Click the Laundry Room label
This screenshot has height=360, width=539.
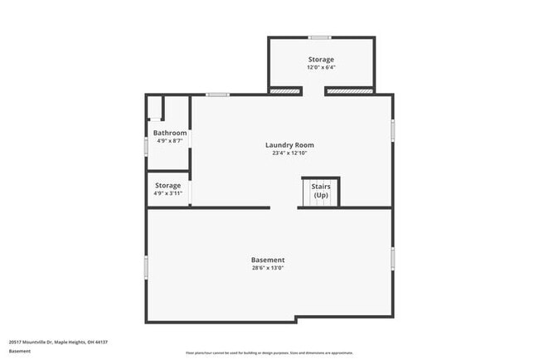click(289, 145)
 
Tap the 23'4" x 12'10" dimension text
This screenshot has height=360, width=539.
click(289, 153)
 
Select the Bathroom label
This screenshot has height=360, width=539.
click(170, 133)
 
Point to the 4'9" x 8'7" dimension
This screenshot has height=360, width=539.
click(170, 141)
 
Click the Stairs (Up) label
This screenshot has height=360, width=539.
click(321, 191)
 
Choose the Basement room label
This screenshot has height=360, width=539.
click(268, 260)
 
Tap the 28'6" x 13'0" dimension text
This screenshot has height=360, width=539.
click(268, 268)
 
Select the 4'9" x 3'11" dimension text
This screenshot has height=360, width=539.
click(168, 194)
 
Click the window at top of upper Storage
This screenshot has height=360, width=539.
click(319, 37)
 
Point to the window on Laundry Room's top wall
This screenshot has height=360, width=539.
click(218, 95)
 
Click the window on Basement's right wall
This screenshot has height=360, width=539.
click(393, 258)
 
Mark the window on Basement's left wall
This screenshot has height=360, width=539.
click(147, 266)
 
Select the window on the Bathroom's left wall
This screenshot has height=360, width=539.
click(147, 145)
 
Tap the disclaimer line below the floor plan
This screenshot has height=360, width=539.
click(269, 353)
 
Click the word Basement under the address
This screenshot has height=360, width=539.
click(21, 351)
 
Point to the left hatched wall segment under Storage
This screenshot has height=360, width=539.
click(285, 90)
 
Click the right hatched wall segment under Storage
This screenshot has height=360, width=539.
click(348, 90)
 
